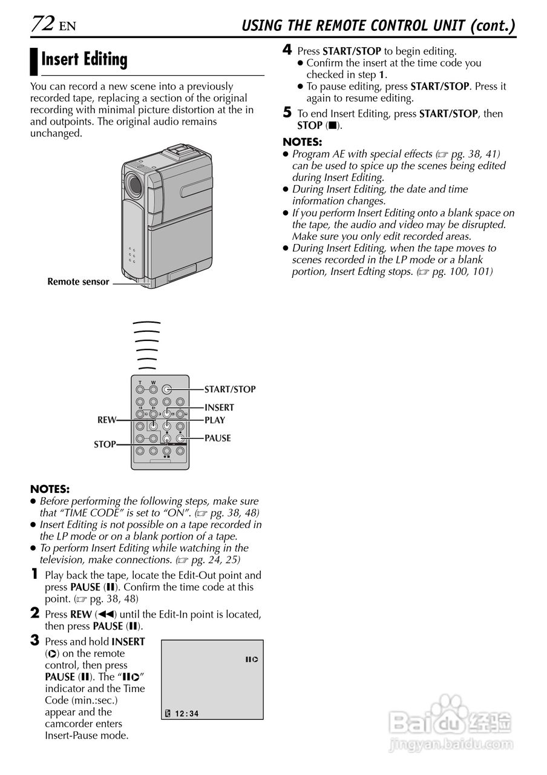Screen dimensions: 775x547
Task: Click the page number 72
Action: (43, 24)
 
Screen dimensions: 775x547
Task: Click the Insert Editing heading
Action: (84, 60)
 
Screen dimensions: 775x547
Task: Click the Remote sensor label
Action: (78, 282)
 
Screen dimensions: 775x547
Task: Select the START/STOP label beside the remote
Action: (230, 389)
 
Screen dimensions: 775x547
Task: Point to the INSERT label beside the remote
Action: (219, 407)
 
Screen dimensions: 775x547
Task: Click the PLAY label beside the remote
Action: (215, 420)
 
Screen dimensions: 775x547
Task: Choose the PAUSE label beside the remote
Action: (218, 438)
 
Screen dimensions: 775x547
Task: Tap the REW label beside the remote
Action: (106, 420)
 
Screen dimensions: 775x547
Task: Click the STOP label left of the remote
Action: (105, 444)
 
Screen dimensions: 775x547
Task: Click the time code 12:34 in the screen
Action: (186, 714)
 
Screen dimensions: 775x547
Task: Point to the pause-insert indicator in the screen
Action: (252, 659)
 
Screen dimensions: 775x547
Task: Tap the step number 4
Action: (287, 50)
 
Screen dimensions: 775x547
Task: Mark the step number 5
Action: (287, 113)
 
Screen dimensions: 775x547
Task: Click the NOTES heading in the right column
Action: (303, 142)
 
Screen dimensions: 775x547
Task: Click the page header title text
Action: (378, 25)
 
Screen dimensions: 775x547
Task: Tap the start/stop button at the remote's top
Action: (166, 390)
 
